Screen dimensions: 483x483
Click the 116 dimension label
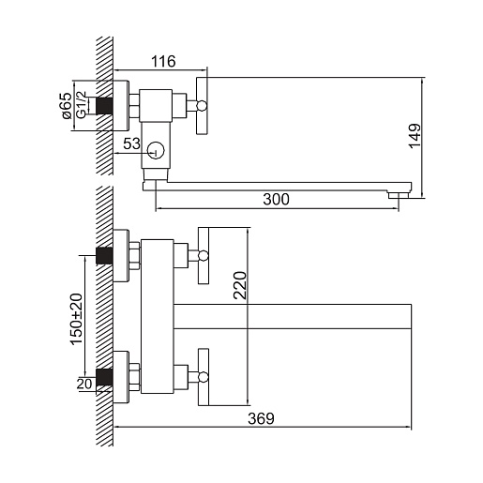[x=163, y=62]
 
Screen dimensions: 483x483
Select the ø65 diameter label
[x=67, y=105]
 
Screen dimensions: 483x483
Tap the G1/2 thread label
[x=81, y=105]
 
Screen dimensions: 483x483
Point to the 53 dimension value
[x=131, y=143]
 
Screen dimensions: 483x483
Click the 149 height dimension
[x=415, y=136]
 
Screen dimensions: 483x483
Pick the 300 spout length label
[x=276, y=199]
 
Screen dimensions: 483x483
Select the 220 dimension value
[x=240, y=285]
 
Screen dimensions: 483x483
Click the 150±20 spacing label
[x=77, y=319]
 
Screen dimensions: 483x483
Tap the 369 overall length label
[x=261, y=418]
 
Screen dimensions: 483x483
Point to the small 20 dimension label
[x=84, y=384]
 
